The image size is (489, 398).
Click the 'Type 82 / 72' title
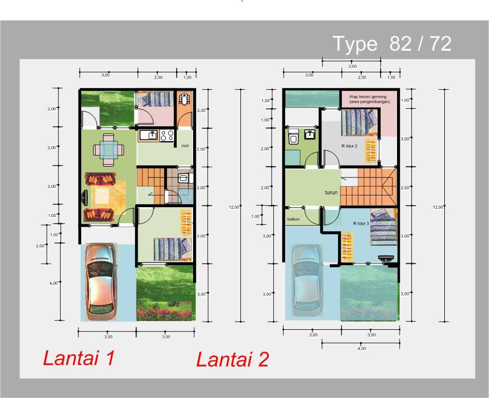392,44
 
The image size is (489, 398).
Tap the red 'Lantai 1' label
79,358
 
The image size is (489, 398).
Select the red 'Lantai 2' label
232,359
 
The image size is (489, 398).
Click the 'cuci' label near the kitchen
185,146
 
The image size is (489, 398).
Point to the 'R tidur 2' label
349,146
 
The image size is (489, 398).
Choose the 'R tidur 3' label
361,223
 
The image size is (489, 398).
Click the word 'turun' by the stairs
331,192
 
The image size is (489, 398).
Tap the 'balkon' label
293,219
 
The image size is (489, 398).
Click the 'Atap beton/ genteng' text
368,96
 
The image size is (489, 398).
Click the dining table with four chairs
108,150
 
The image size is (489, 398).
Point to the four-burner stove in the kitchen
167,135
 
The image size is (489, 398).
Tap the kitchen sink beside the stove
149,135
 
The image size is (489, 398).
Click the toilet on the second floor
293,136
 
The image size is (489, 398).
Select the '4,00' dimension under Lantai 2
362,348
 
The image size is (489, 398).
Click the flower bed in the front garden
164,311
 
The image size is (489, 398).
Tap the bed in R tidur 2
359,122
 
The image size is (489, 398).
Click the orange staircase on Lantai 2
368,187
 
